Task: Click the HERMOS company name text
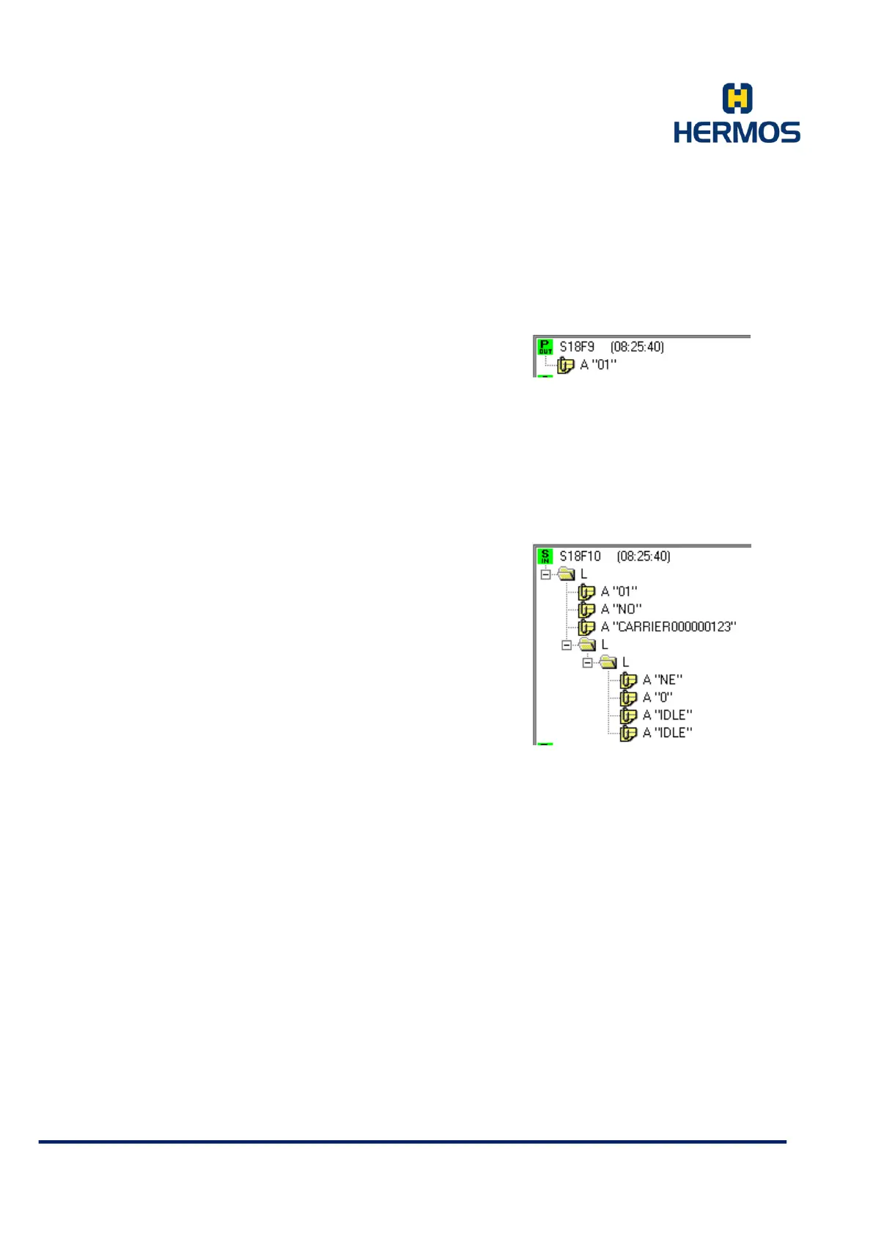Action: point(737,133)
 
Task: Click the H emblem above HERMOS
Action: point(737,98)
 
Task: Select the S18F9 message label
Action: point(577,347)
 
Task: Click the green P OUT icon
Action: point(545,347)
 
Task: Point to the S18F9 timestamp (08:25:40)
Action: point(637,347)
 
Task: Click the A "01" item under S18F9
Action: point(598,365)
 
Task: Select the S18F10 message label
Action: point(580,556)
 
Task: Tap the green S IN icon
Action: point(545,556)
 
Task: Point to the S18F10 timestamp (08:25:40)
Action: point(644,556)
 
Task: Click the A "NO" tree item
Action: point(621,609)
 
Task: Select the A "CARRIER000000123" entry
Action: point(668,627)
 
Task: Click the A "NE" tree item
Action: point(662,680)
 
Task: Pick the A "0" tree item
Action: point(657,698)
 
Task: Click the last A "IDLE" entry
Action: point(667,733)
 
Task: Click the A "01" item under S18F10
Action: point(619,591)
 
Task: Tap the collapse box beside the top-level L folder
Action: point(545,574)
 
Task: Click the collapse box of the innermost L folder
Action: point(587,662)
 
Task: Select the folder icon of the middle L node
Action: point(587,645)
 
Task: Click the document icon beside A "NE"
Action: point(628,680)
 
